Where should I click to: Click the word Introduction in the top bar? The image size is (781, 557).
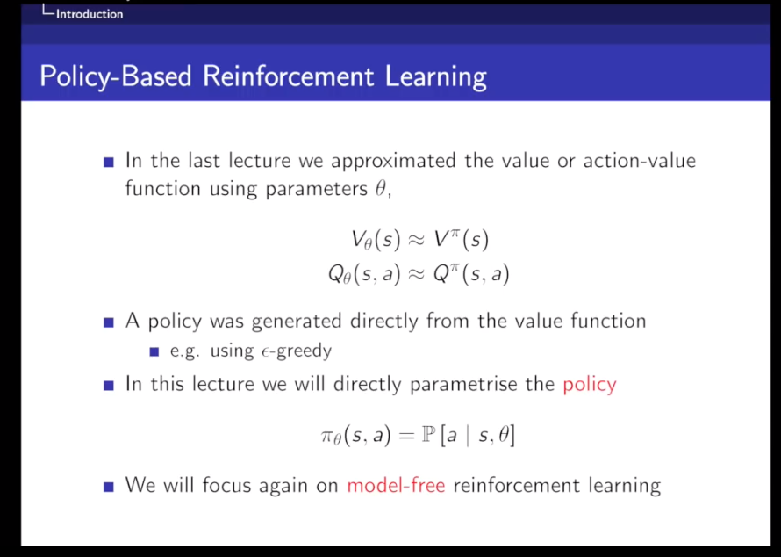tap(90, 14)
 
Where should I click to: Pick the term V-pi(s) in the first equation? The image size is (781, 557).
tap(463, 238)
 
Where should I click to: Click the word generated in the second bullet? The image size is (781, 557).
tap(297, 322)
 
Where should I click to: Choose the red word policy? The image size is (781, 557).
tap(590, 384)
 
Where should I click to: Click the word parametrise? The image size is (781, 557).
tap(470, 384)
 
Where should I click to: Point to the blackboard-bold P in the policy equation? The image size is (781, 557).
tap(423, 434)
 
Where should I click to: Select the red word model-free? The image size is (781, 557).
tap(396, 485)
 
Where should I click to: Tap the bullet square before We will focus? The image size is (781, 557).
tap(109, 486)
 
